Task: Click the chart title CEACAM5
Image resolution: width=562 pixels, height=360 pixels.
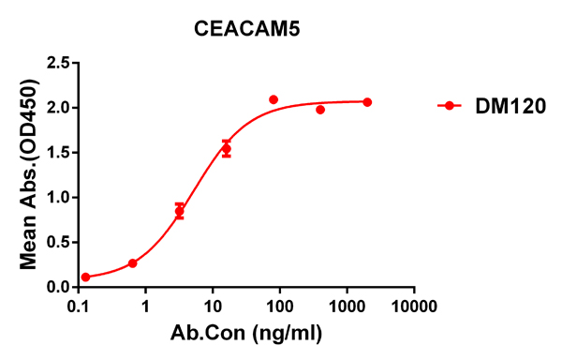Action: (x=246, y=29)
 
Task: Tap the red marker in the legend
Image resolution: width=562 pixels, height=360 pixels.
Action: (x=451, y=106)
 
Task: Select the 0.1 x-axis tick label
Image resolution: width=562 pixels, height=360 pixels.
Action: (x=82, y=307)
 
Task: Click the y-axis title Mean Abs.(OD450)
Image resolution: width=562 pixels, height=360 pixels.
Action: (x=28, y=175)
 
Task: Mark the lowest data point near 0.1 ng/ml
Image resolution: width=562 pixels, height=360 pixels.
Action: (x=86, y=277)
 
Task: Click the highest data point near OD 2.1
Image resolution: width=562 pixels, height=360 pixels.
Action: (x=274, y=99)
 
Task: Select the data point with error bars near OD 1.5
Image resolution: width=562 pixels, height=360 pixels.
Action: (x=226, y=149)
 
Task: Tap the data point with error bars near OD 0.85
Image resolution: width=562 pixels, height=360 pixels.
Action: (x=180, y=211)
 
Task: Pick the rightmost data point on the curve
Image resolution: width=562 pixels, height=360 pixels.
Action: (x=367, y=101)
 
